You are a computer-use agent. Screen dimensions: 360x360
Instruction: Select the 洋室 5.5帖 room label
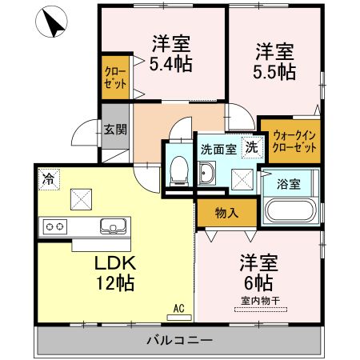[x=275, y=61]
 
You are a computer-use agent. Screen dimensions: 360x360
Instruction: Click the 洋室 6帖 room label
[x=257, y=272]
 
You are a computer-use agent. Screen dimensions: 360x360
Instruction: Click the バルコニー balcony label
[x=179, y=341]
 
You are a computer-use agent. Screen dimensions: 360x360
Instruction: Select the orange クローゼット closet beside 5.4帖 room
[x=114, y=78]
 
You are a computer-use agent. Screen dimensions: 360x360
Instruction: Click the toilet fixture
[x=179, y=169]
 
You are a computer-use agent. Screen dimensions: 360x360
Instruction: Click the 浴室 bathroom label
[x=289, y=184]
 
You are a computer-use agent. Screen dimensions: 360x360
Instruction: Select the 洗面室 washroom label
[x=218, y=148]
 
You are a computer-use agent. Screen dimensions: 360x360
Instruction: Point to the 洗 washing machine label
[x=251, y=147]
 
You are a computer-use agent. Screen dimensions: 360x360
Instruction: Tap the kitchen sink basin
[x=113, y=226]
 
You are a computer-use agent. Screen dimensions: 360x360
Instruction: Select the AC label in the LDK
[x=179, y=306]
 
